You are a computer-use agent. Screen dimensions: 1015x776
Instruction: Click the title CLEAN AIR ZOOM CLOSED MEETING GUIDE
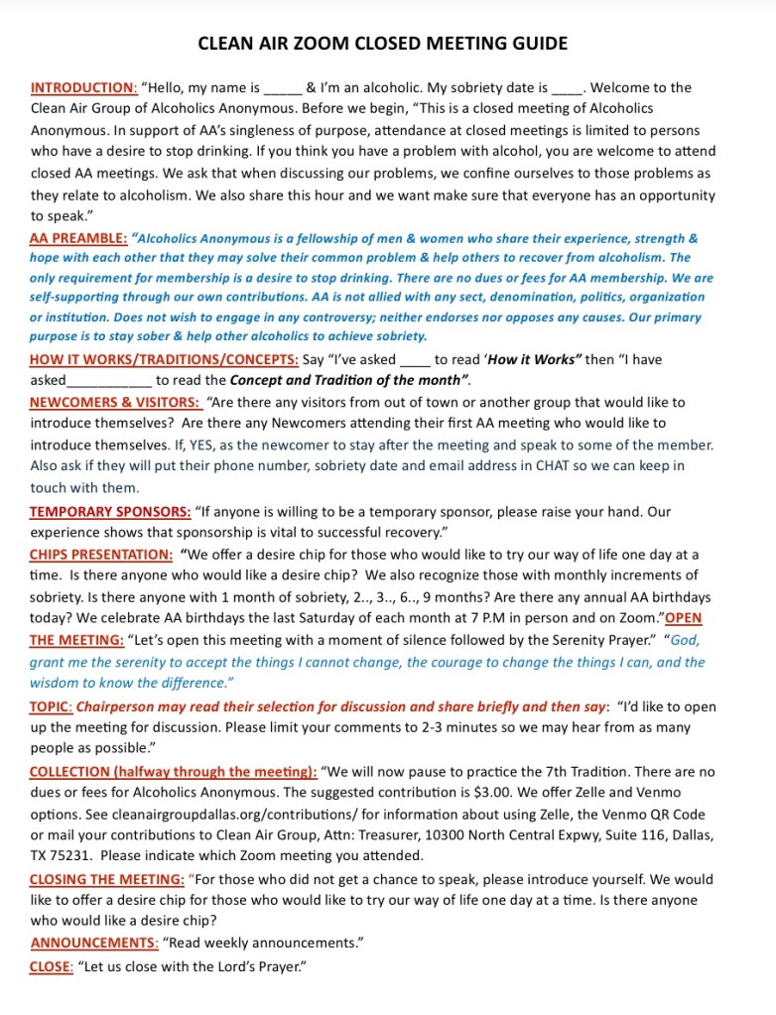pos(383,44)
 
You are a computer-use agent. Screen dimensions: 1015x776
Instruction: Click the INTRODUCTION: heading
pos(84,87)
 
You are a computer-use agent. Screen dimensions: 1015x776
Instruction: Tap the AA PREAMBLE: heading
pos(78,239)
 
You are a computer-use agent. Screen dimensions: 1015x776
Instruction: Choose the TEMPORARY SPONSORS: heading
pos(110,512)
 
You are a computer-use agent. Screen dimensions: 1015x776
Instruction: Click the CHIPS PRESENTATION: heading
pos(101,555)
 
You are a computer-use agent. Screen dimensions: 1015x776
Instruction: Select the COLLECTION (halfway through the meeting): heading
pos(174,771)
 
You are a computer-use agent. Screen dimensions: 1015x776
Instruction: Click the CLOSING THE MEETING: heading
pos(107,879)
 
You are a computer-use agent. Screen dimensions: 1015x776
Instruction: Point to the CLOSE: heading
pos(52,965)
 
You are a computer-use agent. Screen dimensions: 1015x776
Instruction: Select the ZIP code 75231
pos(74,855)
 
